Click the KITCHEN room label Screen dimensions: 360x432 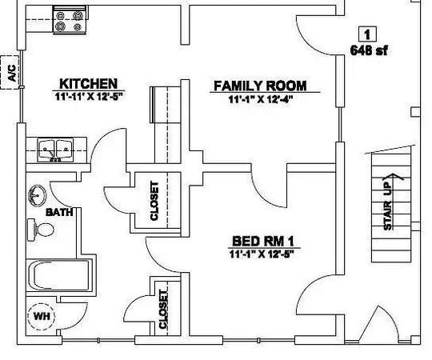tap(88, 83)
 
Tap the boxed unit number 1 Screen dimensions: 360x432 tap(366, 34)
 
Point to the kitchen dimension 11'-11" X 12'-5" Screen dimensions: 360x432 tap(88, 97)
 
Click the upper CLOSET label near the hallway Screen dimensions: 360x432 tap(154, 200)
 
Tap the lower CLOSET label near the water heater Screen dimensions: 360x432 tap(164, 309)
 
